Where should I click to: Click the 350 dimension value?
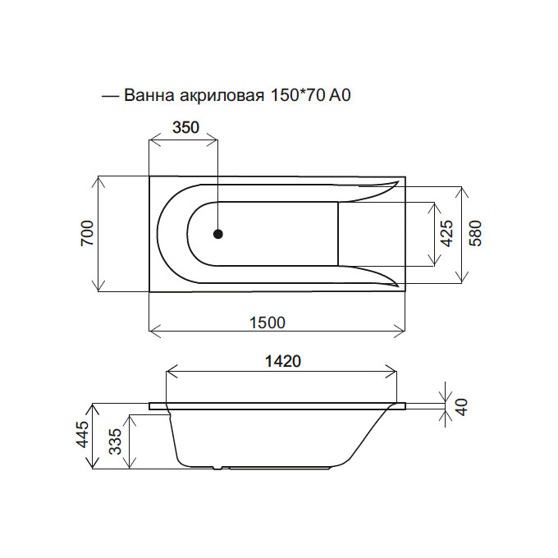coord(185,128)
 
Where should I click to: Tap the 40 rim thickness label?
coord(461,406)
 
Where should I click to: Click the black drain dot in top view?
coord(217,234)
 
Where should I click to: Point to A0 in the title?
coord(340,95)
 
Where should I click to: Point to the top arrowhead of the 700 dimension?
coord(98,181)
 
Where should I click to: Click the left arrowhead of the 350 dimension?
coord(153,141)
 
